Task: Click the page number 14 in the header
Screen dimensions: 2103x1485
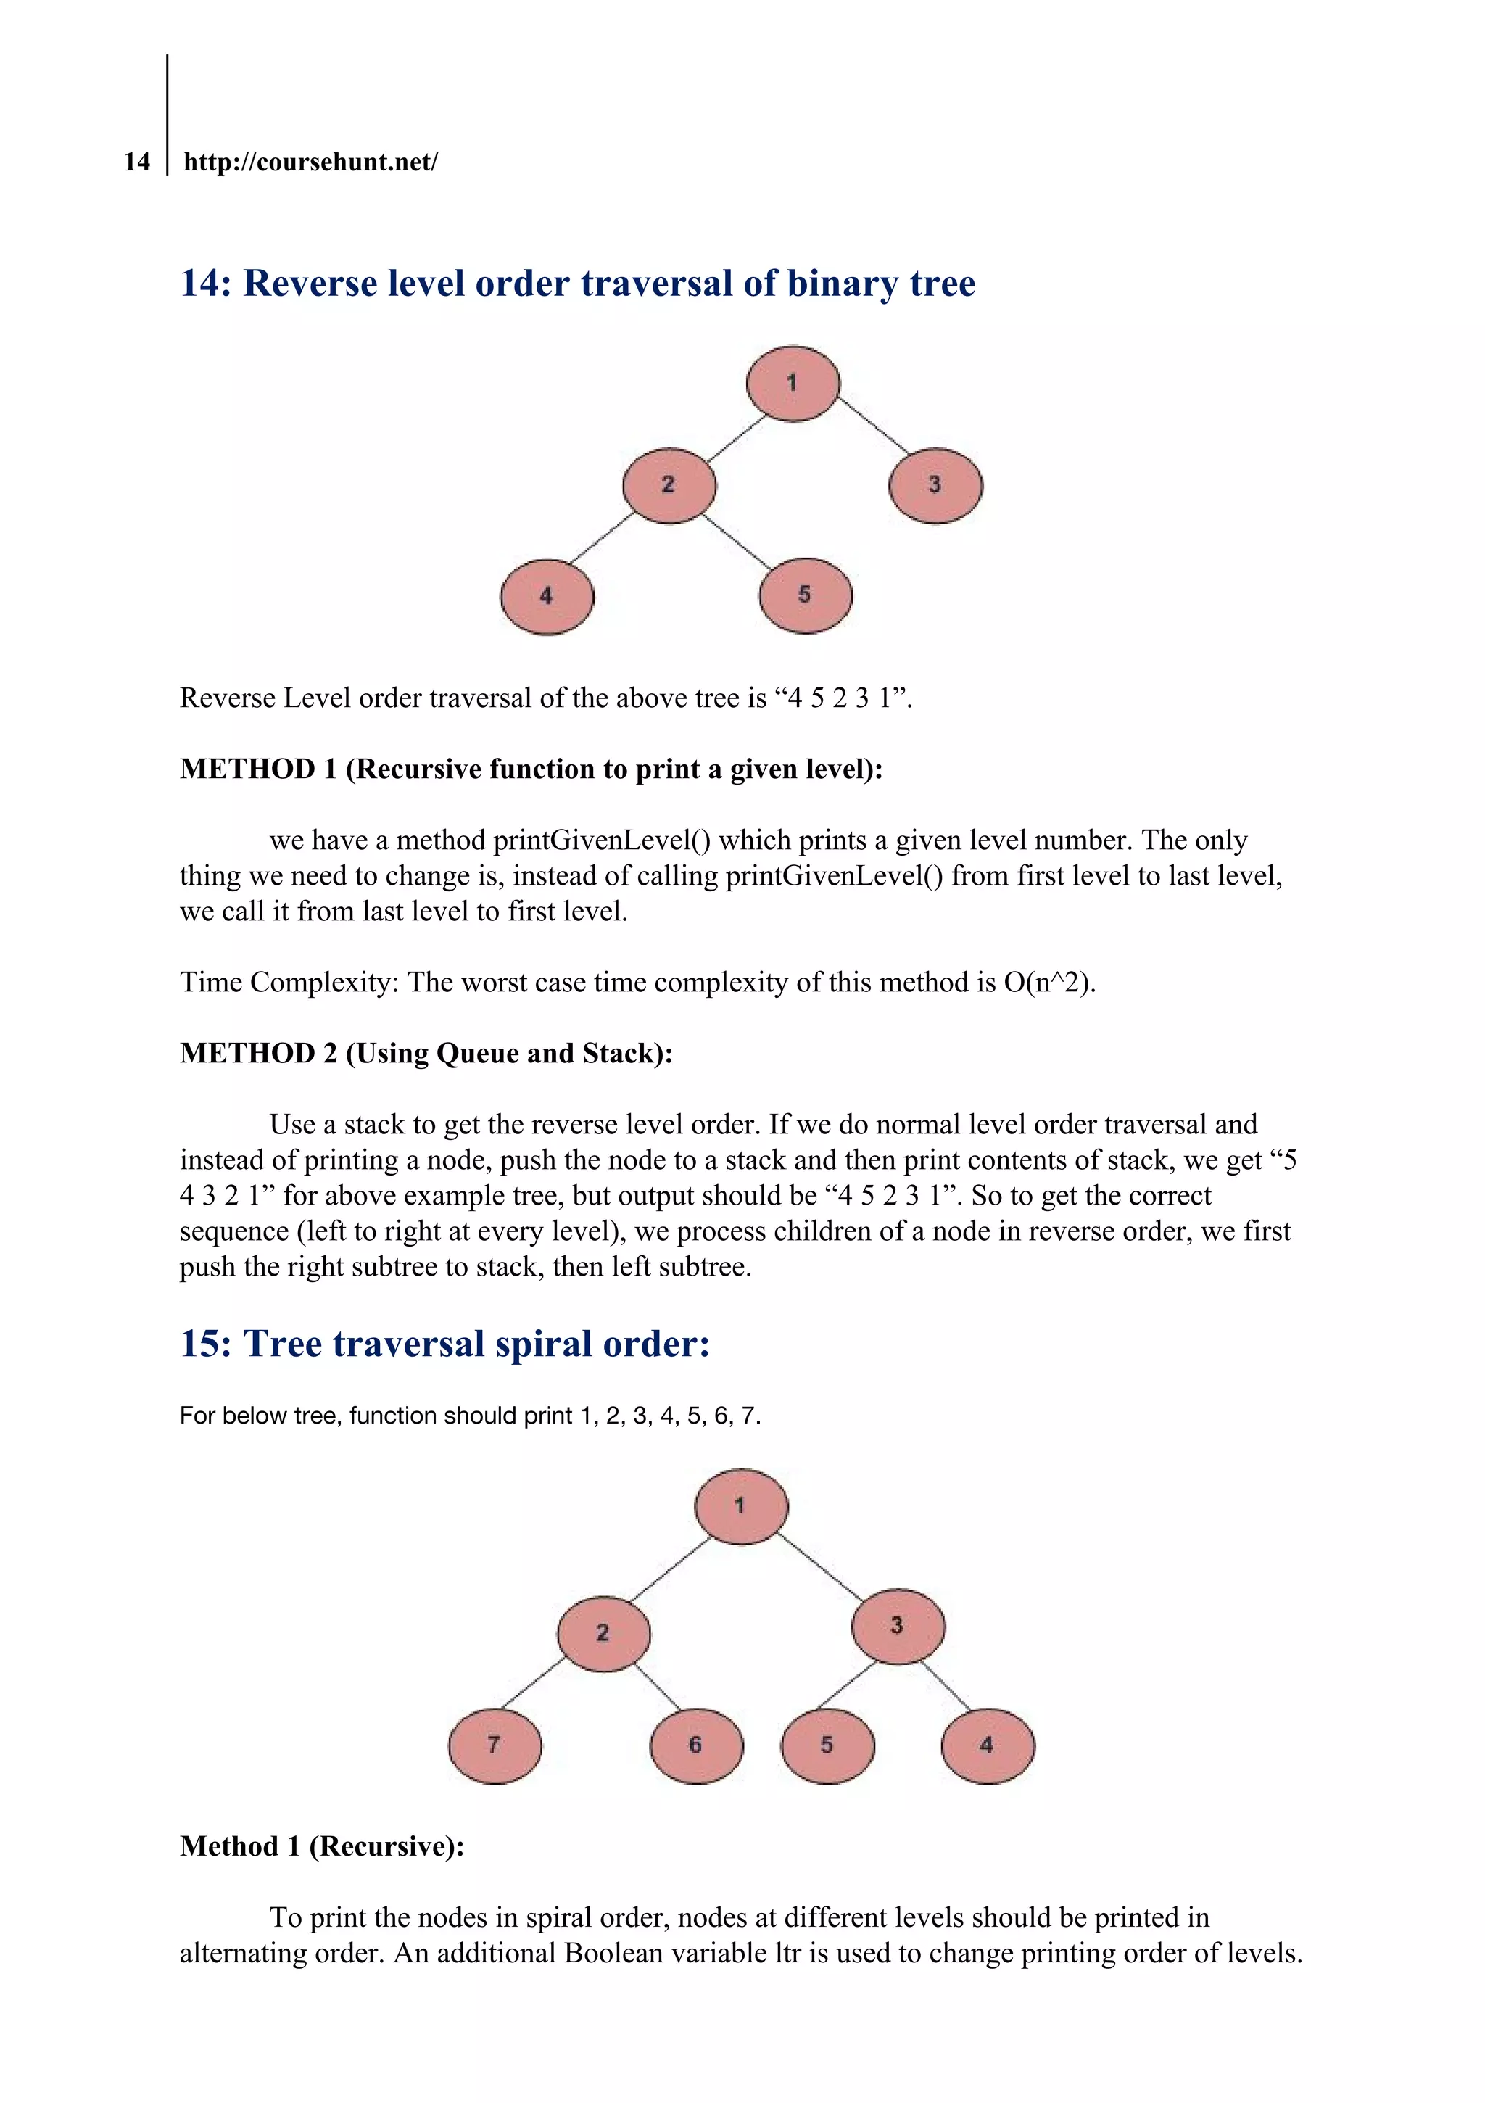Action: [x=136, y=162]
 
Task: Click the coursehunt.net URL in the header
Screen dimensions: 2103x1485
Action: [x=310, y=162]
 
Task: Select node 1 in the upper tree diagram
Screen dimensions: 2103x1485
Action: [x=793, y=383]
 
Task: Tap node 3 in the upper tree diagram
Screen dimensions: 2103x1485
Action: [x=935, y=484]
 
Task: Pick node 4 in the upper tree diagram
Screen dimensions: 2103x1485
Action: [x=547, y=596]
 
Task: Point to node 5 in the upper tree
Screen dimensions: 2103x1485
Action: [x=804, y=595]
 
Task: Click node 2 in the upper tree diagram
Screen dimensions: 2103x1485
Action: [x=669, y=484]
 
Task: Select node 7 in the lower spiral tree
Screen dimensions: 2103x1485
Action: [x=495, y=1745]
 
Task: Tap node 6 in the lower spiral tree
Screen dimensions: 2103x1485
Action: [x=695, y=1745]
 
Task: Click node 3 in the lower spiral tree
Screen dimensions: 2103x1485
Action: [x=897, y=1626]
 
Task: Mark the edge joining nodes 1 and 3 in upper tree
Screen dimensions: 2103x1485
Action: [x=872, y=425]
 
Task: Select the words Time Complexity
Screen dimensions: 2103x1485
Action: [x=288, y=982]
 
